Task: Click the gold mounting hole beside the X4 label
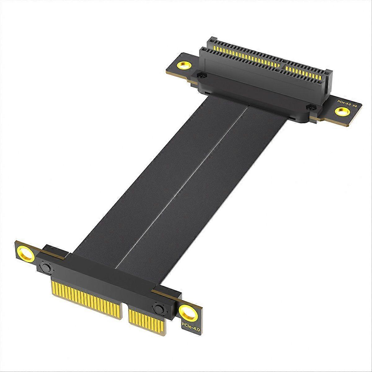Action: point(342,111)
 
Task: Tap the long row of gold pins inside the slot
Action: point(245,56)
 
